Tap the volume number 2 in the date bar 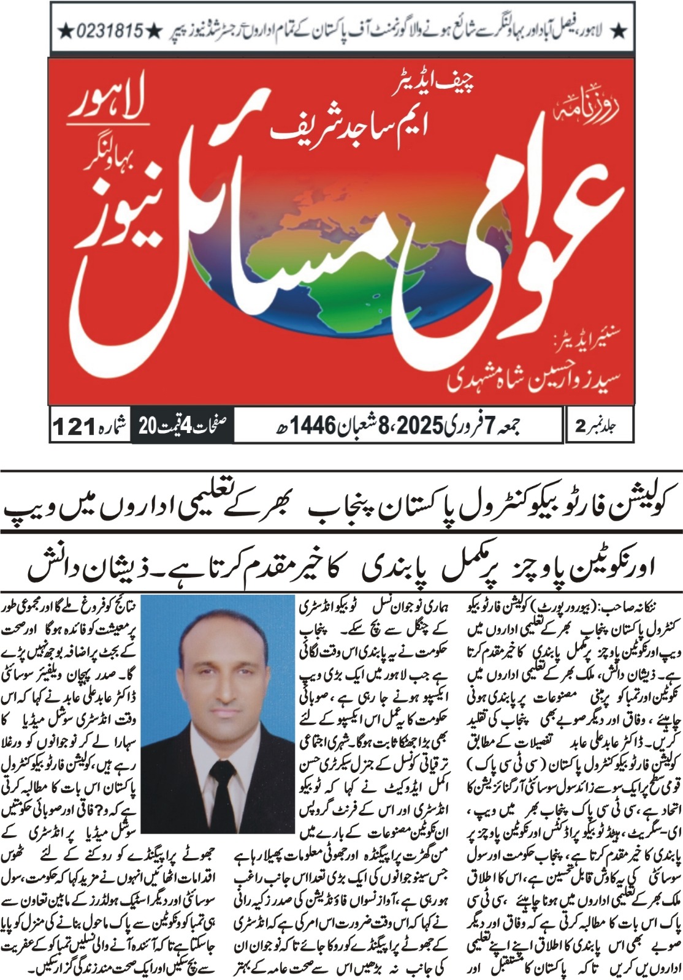580,426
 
